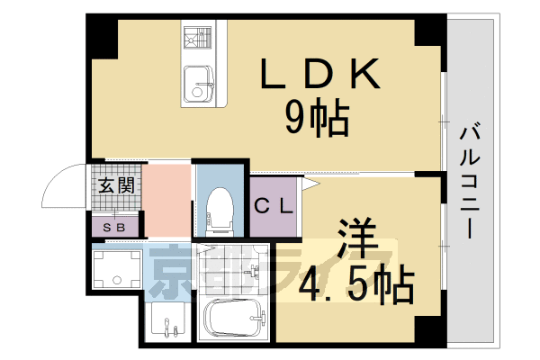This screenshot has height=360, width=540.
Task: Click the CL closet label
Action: pyautogui.click(x=274, y=206)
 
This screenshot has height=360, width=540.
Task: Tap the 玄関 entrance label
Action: pyautogui.click(x=117, y=187)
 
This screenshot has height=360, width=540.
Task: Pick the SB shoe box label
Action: pyautogui.click(x=114, y=227)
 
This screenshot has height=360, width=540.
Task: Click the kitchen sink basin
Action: pyautogui.click(x=197, y=88)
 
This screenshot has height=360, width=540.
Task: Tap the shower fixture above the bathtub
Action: pyautogui.click(x=257, y=270)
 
